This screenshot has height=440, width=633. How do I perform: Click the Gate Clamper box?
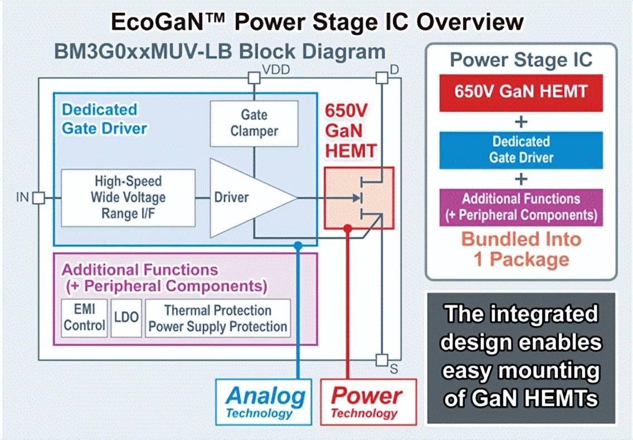tap(254, 123)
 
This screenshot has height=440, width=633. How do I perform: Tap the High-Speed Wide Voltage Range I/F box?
tap(128, 197)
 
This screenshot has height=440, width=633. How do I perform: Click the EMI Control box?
tap(84, 318)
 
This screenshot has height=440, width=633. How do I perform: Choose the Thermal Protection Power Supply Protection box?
tap(218, 318)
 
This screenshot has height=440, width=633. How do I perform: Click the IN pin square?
tap(38, 198)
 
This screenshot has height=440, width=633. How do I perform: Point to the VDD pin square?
tap(254, 78)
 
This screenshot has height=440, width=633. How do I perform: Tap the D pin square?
tap(382, 78)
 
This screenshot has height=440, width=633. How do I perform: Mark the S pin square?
tap(382, 360)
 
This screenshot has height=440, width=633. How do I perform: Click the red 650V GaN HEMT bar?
tap(520, 91)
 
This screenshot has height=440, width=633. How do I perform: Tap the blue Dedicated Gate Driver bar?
tap(520, 150)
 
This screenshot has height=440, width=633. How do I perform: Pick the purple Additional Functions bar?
tap(520, 207)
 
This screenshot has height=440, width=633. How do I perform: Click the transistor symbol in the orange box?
tap(359, 198)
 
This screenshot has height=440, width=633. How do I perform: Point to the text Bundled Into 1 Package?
tap(522, 249)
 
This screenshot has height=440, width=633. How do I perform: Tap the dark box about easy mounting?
tap(520, 356)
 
